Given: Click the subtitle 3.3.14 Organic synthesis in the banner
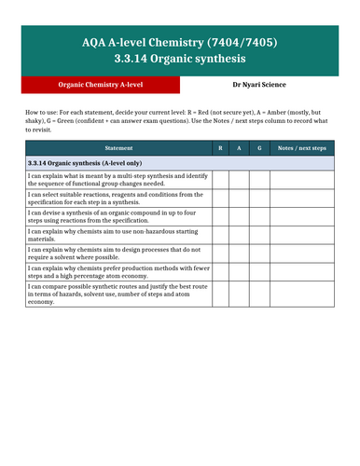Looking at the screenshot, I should [180, 61].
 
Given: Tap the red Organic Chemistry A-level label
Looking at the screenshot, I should [101, 84].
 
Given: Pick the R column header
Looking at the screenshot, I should [220, 147].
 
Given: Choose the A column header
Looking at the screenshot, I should [241, 147].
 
